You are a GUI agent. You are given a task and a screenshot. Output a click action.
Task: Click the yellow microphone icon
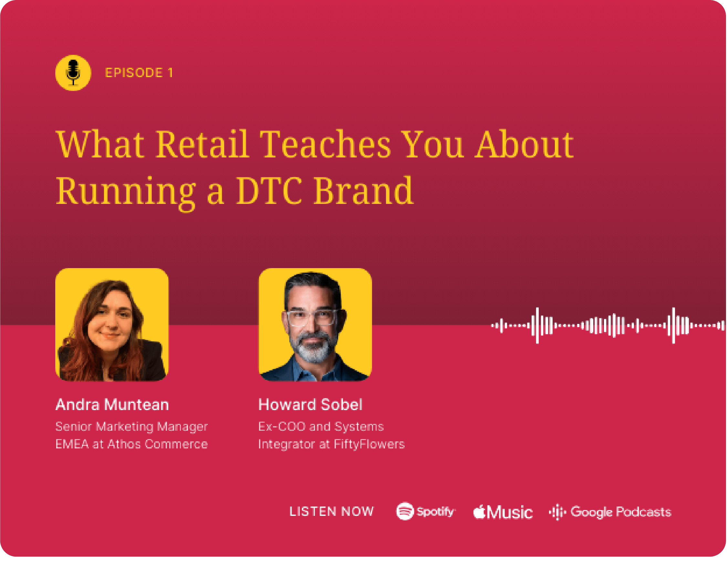click(73, 73)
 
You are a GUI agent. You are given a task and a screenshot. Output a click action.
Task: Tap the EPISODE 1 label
click(139, 73)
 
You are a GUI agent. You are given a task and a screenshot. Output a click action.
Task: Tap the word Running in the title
click(126, 194)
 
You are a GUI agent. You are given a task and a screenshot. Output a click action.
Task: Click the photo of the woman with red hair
click(112, 325)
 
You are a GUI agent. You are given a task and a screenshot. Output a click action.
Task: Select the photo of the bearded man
click(315, 325)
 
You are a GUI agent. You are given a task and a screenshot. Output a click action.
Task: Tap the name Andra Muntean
click(112, 405)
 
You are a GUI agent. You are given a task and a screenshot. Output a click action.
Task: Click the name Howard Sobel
click(310, 405)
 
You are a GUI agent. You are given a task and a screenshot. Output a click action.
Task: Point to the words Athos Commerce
click(158, 444)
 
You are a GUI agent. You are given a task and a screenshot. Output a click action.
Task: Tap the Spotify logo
click(425, 511)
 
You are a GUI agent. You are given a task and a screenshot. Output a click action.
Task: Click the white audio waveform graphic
click(608, 326)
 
